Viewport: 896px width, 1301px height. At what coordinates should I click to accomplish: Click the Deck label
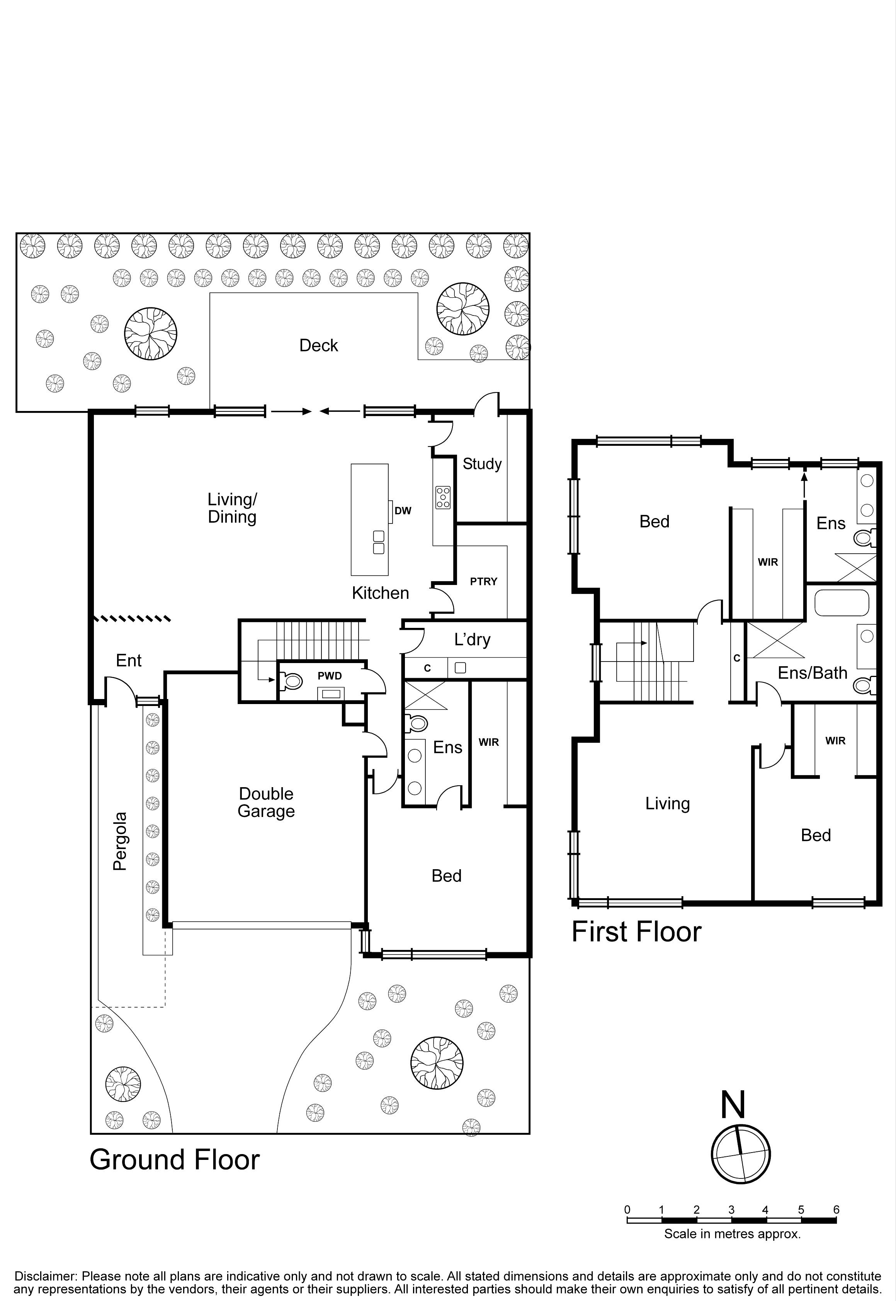[x=318, y=346]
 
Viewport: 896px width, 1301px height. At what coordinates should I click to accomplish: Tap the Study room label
[x=482, y=464]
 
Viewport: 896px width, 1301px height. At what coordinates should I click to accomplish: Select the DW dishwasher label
[x=403, y=511]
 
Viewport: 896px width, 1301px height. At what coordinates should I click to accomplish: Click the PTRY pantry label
[x=484, y=581]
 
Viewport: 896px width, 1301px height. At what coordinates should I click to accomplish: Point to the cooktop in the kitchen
[x=443, y=497]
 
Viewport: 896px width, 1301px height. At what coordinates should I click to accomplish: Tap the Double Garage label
[x=266, y=803]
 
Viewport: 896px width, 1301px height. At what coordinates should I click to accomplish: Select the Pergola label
[x=119, y=841]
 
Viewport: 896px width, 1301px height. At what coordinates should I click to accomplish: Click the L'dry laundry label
[x=472, y=640]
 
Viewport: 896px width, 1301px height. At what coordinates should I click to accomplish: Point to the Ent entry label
[x=129, y=661]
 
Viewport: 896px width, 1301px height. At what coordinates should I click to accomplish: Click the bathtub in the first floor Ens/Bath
[x=842, y=603]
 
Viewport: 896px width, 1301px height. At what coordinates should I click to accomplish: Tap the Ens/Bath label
[x=813, y=673]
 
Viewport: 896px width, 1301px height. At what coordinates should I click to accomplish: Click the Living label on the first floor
[x=668, y=804]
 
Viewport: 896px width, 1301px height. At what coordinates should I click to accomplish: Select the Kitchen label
[x=380, y=593]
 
